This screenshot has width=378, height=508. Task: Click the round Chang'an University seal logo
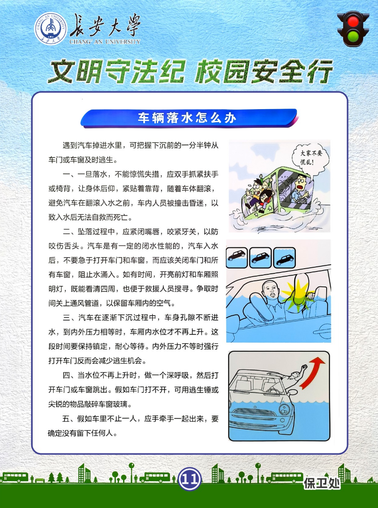[x=51, y=28]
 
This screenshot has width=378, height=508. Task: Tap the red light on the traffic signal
[x=353, y=22]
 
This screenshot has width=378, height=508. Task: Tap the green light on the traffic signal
[x=353, y=36]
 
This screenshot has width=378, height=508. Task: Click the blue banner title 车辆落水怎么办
[x=188, y=118]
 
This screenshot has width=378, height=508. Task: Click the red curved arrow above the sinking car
[x=312, y=373]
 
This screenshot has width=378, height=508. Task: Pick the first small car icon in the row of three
[x=237, y=257]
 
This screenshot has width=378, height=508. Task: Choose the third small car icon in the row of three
[x=284, y=257]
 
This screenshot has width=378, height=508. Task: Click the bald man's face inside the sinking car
[x=270, y=291]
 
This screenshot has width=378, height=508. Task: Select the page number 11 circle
[x=189, y=478]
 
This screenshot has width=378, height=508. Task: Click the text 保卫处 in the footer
[x=322, y=483]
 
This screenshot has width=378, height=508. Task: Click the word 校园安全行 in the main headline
[x=264, y=71]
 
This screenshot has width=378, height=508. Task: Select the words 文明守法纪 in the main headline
[x=117, y=71]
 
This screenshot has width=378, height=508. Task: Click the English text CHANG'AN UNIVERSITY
[x=105, y=42]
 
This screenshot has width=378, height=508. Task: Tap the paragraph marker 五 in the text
[x=66, y=418]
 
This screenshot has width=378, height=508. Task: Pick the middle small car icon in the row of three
[x=260, y=257]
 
